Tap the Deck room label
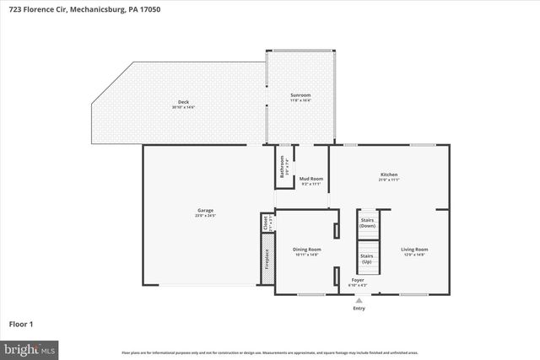tap(183, 102)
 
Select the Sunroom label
tap(300, 95)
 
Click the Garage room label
tap(205, 210)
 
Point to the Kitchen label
tap(388, 175)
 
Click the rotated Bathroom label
tap(283, 165)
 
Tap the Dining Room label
tap(306, 249)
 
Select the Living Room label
tap(413, 249)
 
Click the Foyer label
tap(358, 279)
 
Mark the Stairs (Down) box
tap(367, 225)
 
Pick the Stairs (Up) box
tap(367, 258)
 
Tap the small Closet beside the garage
tap(267, 223)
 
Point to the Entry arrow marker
tap(359, 300)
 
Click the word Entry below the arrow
tap(359, 309)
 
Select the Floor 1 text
tap(21, 323)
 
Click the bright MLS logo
tap(30, 347)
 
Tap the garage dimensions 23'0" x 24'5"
tap(205, 216)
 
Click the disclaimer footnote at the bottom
tap(269, 352)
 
